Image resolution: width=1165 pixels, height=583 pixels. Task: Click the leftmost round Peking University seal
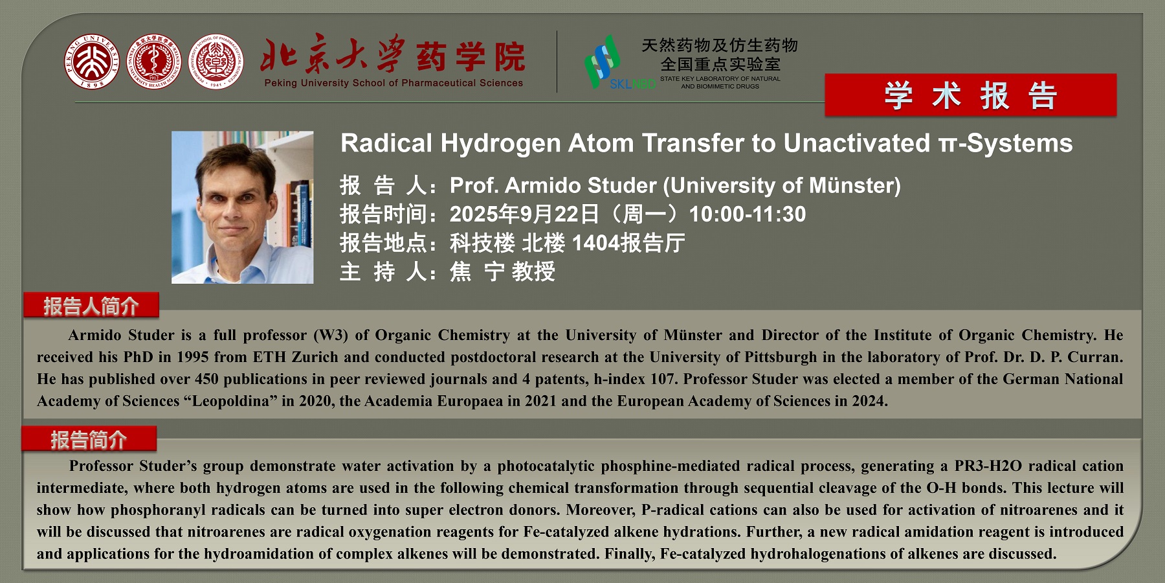[x=92, y=62]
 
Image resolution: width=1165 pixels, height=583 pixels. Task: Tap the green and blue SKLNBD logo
[x=619, y=63]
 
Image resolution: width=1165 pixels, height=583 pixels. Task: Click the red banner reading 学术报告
[x=971, y=95]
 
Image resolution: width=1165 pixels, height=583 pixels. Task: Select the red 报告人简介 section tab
[x=91, y=305]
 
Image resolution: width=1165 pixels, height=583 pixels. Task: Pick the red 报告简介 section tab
[x=89, y=439]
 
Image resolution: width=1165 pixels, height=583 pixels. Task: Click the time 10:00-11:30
[x=748, y=214]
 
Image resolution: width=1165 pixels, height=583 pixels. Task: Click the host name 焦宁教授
[x=502, y=271]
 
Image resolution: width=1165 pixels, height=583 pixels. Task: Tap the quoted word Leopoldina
[x=230, y=402]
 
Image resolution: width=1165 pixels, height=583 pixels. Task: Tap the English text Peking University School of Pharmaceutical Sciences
[x=394, y=83]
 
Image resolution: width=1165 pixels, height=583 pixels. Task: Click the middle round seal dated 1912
[x=153, y=62]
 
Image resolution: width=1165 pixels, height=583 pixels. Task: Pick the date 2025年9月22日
[x=524, y=214]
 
